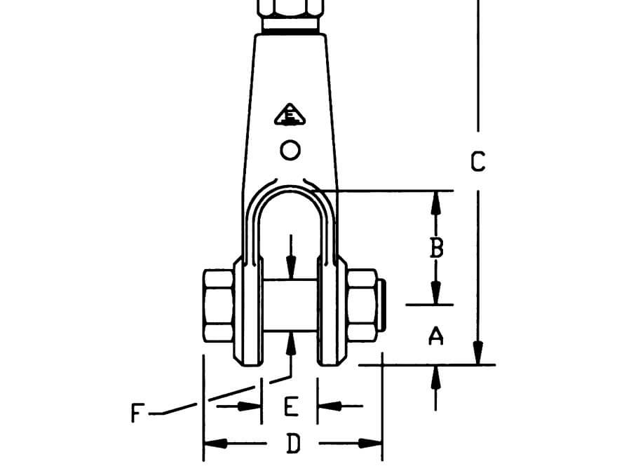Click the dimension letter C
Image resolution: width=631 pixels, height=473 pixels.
click(x=477, y=162)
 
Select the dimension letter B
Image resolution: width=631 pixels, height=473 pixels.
click(x=436, y=248)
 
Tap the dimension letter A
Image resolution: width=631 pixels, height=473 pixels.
click(x=436, y=337)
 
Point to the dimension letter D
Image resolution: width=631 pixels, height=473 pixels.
click(x=293, y=444)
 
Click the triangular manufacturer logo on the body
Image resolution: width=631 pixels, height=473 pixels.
click(x=290, y=115)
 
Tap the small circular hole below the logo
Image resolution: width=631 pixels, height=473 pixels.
click(x=290, y=149)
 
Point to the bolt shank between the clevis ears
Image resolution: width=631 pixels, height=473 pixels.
click(x=290, y=306)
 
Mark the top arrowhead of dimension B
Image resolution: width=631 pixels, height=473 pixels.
click(x=436, y=200)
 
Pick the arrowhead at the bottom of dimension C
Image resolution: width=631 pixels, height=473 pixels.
click(x=479, y=354)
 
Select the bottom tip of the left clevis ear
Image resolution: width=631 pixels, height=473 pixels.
click(x=247, y=364)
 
